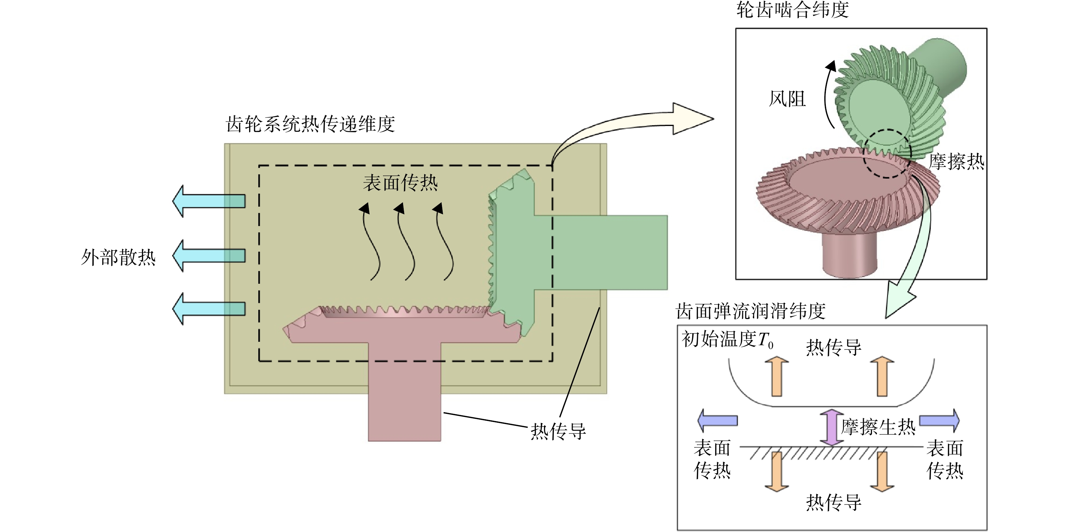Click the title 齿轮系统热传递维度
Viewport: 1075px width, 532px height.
pos(310,124)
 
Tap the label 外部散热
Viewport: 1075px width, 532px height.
pos(118,257)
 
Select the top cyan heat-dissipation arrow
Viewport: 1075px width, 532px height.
pos(209,201)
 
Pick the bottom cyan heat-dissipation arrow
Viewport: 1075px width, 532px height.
pos(209,309)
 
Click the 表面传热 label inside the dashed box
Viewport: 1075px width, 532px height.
pos(400,183)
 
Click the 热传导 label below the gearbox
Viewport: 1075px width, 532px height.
pos(558,431)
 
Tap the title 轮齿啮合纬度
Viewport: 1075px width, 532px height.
pos(792,10)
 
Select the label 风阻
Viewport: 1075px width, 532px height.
pos(787,99)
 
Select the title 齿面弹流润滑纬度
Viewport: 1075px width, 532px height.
pos(751,311)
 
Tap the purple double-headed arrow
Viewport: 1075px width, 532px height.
pos(832,427)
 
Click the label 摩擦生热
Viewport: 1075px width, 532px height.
pos(878,427)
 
